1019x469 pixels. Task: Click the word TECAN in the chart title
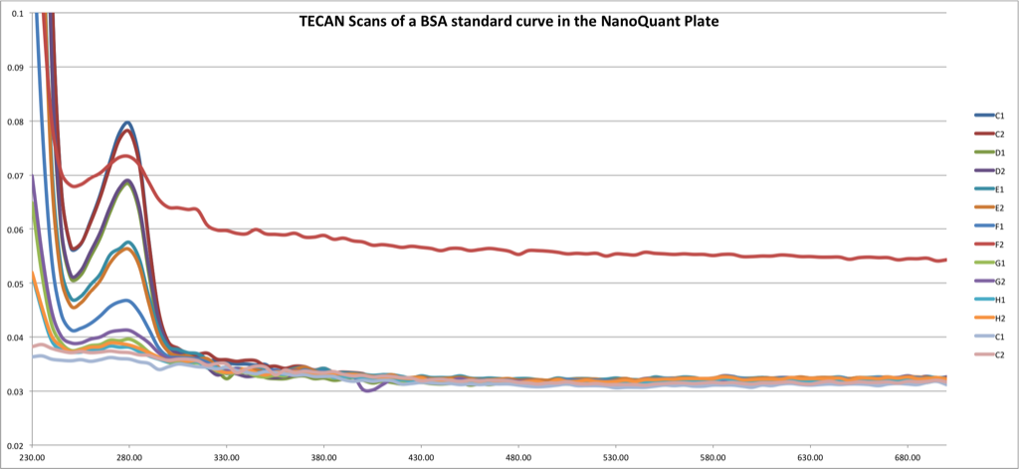(x=320, y=21)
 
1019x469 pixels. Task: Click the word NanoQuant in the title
(x=612, y=21)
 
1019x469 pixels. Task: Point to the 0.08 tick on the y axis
(x=15, y=121)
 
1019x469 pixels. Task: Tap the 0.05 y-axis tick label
(x=15, y=284)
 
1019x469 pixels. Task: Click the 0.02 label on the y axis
(x=15, y=446)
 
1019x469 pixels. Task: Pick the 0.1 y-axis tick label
(x=18, y=13)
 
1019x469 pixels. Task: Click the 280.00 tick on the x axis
(x=129, y=457)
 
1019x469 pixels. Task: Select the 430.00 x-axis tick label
(x=421, y=457)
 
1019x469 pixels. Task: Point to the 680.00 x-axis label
(x=908, y=457)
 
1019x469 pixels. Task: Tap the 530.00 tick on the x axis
(x=616, y=457)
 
